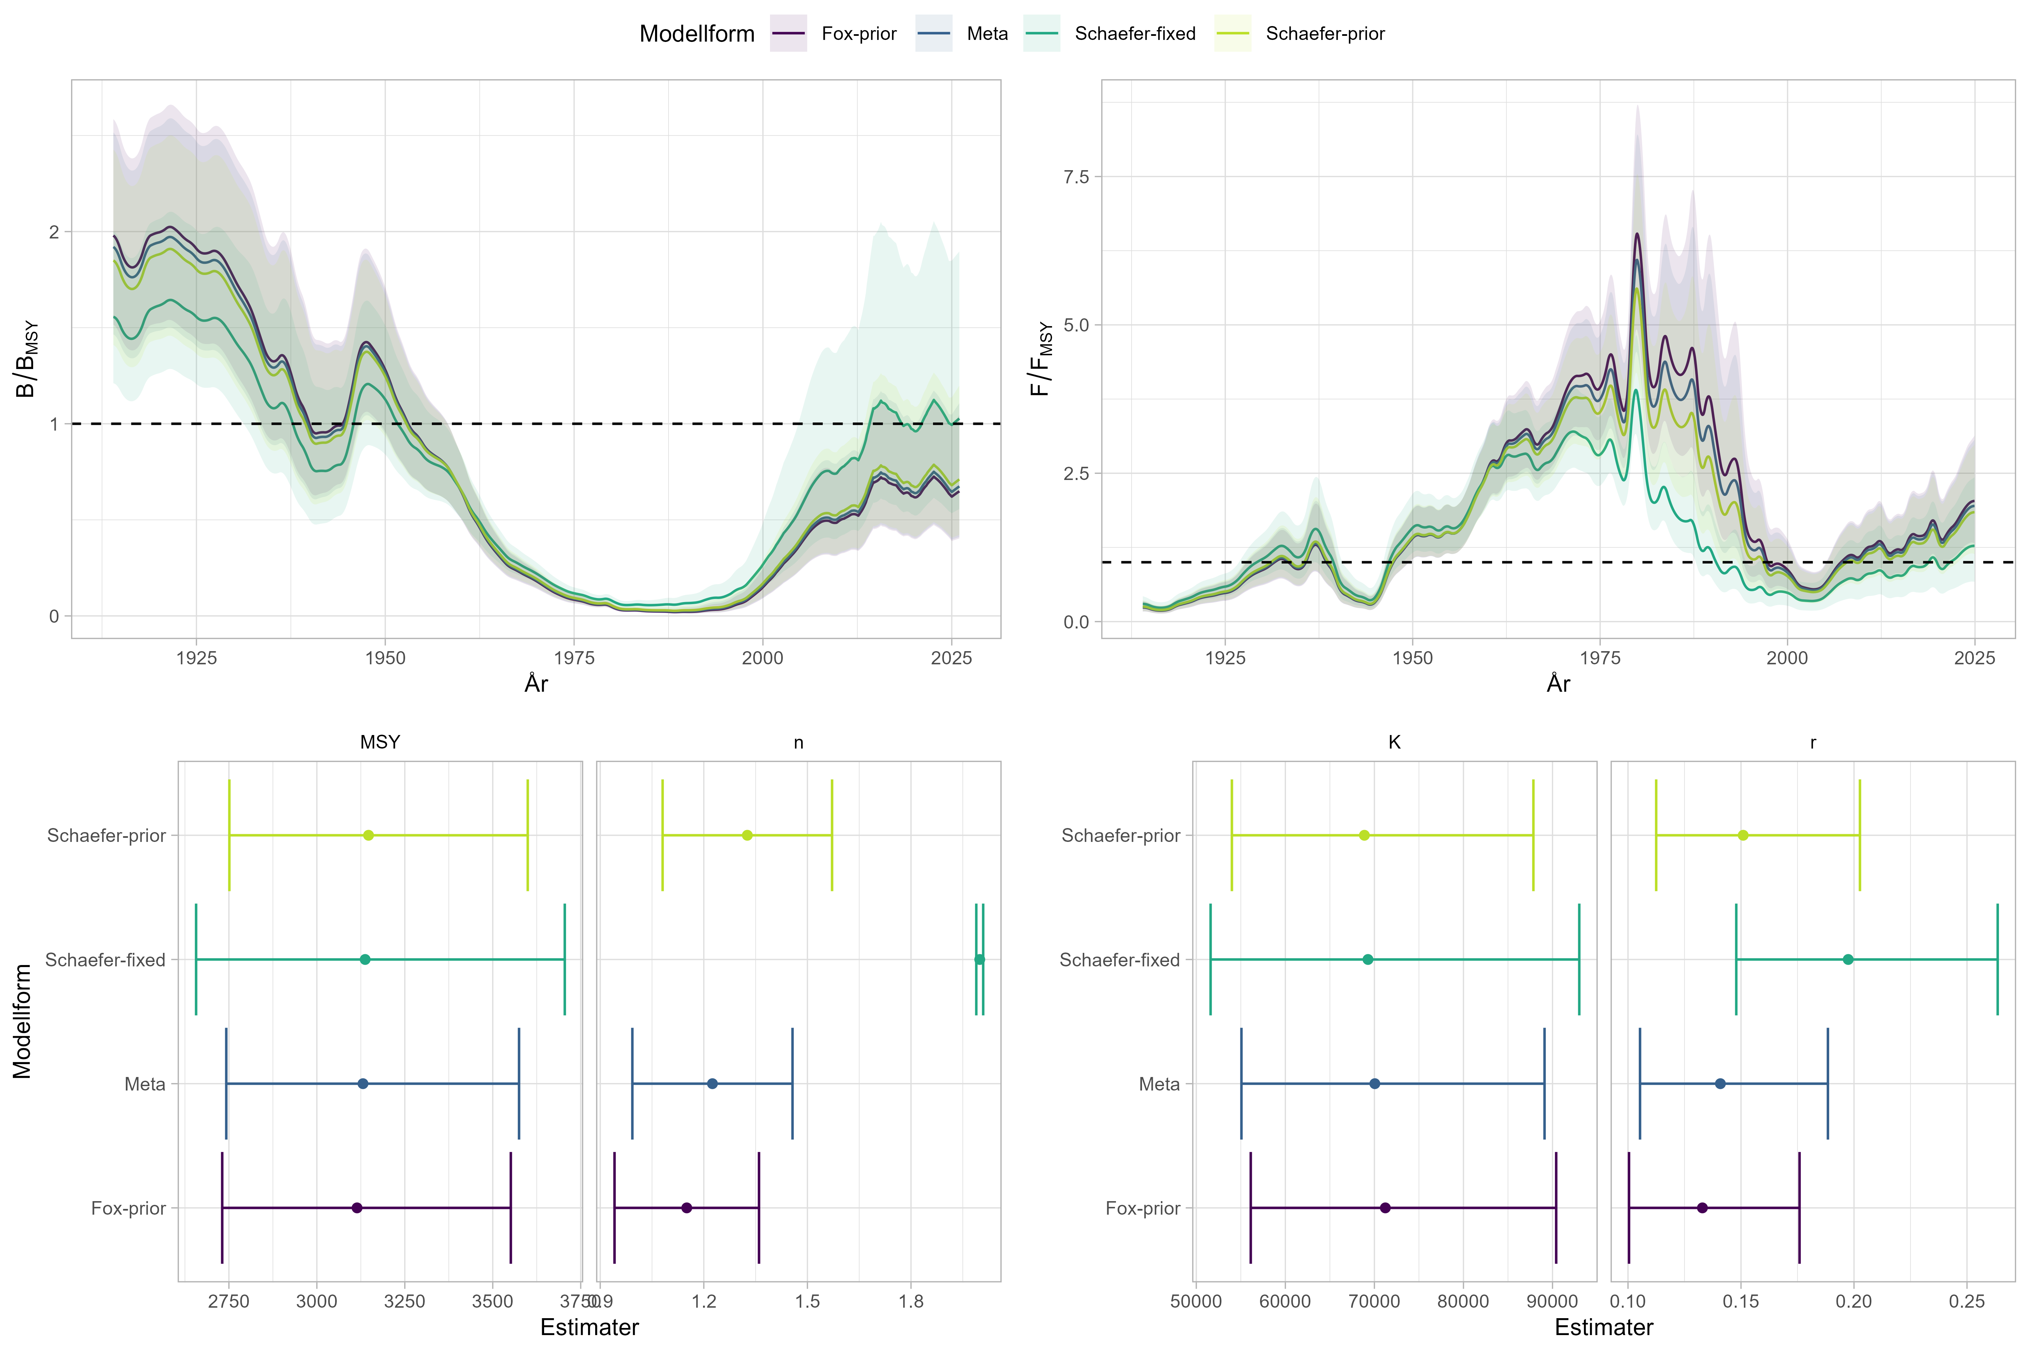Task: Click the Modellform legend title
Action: [697, 33]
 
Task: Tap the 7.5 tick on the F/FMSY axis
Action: [1076, 177]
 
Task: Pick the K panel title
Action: [1394, 742]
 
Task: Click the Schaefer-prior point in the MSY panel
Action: [368, 835]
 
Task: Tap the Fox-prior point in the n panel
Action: [687, 1208]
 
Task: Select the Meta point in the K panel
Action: [1374, 1084]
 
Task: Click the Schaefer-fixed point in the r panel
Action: [1848, 960]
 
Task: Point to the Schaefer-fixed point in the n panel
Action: [979, 960]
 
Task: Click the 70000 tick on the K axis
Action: [1373, 1301]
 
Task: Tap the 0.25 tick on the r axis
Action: [1967, 1301]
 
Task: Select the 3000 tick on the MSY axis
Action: [317, 1301]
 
